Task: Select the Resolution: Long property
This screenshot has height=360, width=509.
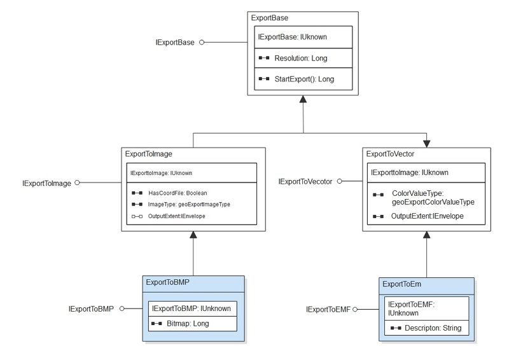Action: pos(300,58)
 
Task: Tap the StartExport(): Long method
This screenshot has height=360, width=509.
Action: pos(304,80)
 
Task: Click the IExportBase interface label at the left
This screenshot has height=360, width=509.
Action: pos(176,43)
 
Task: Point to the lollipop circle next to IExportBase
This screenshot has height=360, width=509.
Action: pos(202,43)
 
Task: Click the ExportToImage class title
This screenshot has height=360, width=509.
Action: pos(149,154)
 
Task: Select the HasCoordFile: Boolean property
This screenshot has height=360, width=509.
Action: pos(178,192)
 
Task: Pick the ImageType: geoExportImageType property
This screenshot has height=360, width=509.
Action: pos(189,204)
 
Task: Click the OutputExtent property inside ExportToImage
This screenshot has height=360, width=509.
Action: pos(177,216)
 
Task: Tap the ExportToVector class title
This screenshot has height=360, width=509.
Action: pos(391,153)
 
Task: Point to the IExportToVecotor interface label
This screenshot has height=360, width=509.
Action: pos(305,182)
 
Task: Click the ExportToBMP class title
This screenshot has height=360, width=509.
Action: pos(167,282)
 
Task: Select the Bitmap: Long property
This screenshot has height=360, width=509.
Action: pos(188,324)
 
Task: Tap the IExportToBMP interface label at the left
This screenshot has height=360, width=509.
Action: pos(91,309)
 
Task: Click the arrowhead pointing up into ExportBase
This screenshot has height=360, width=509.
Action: pos(303,99)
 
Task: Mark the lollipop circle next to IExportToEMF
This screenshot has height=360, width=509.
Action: pos(355,309)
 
